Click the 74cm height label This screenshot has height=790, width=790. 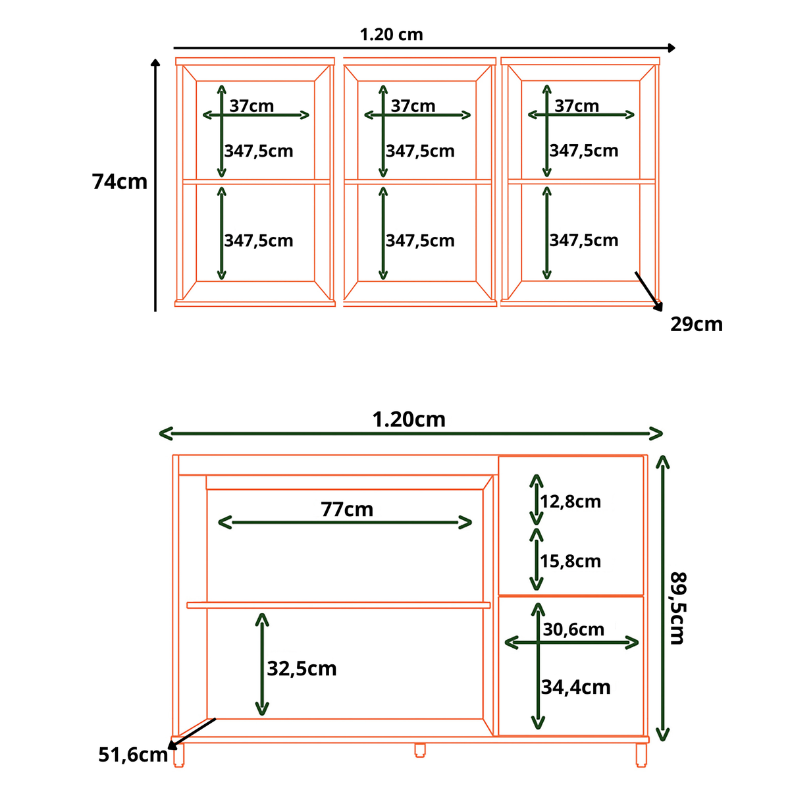coord(119,182)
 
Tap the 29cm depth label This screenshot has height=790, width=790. coord(696,325)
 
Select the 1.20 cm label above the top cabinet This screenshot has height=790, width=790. coord(391,34)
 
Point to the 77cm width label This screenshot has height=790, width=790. coord(347,509)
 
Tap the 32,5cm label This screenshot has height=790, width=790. coord(302,669)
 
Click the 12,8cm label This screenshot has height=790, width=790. coord(570,502)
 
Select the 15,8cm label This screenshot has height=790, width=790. coord(570,562)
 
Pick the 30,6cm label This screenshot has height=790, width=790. coord(573,629)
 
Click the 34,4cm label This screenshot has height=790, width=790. coord(575,687)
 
